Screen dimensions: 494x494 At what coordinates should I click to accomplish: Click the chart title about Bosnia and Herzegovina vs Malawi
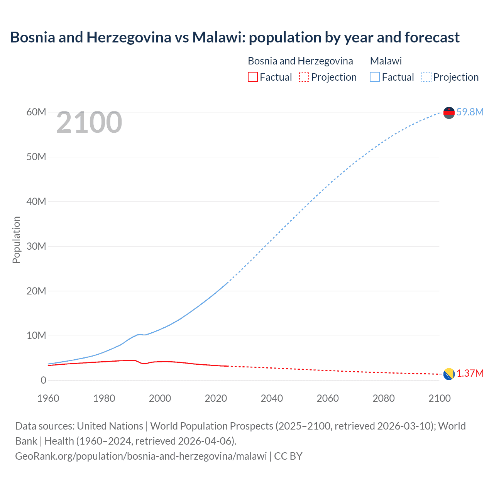tap(235, 37)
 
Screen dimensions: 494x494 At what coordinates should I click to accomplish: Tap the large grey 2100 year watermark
tap(89, 122)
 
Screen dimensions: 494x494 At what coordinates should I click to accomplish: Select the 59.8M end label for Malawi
tap(470, 112)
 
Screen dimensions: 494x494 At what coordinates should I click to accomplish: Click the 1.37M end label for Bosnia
tap(470, 374)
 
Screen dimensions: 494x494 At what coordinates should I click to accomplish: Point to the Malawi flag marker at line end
tap(449, 113)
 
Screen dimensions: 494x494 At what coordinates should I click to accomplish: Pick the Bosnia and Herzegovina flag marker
tap(449, 374)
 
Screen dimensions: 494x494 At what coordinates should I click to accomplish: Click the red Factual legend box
tap(252, 77)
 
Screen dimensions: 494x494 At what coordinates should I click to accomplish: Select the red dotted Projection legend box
tap(304, 77)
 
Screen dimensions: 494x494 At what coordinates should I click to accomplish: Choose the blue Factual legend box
tap(374, 77)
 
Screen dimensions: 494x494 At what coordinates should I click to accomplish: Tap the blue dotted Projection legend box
tap(426, 77)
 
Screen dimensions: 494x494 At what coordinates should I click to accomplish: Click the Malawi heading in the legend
tap(386, 61)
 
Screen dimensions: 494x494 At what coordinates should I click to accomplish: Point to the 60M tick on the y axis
tap(36, 112)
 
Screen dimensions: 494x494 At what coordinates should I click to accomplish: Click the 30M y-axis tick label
tap(36, 246)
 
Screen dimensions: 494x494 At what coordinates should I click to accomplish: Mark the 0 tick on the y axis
tap(43, 380)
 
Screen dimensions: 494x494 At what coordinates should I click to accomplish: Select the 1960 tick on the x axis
tap(48, 398)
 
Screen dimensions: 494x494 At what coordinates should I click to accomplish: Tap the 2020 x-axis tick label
tap(216, 398)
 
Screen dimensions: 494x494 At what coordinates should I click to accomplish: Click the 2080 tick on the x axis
tap(383, 398)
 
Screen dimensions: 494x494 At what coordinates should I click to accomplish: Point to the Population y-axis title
tap(16, 240)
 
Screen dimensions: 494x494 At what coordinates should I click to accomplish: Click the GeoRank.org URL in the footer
tap(141, 456)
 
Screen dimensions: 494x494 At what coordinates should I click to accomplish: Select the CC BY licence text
tap(288, 456)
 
